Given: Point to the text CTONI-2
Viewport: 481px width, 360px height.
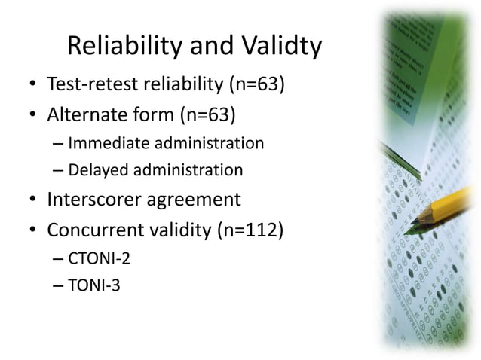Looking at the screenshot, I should (x=99, y=259).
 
